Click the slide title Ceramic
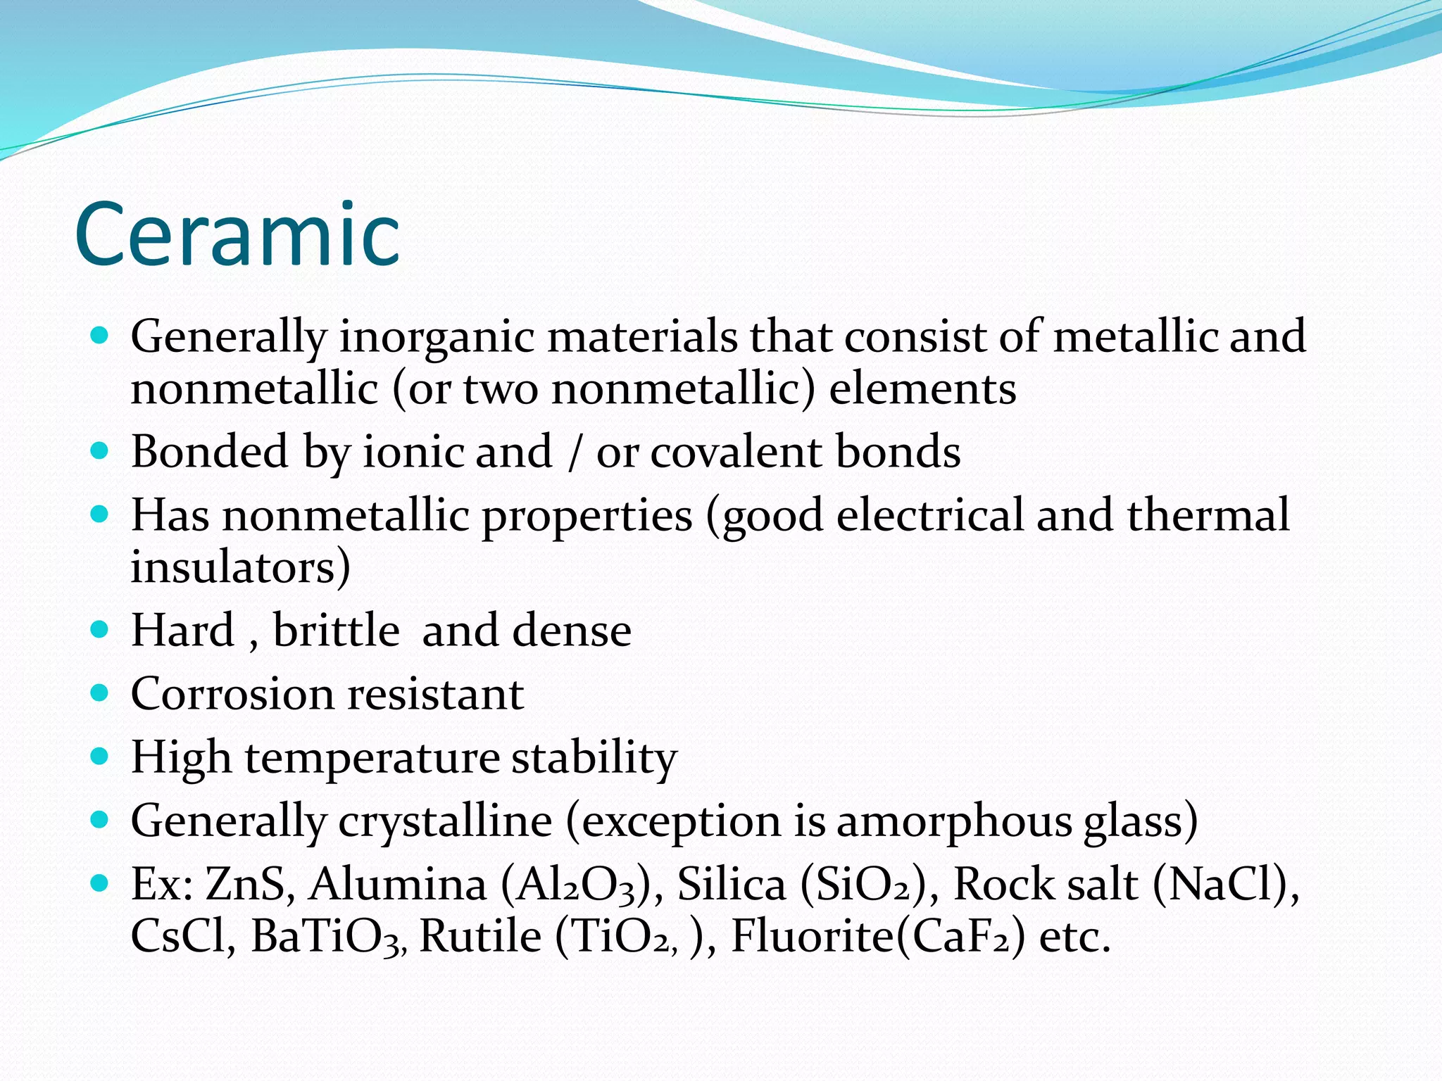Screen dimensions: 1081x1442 (x=237, y=234)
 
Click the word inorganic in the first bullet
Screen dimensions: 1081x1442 (x=437, y=336)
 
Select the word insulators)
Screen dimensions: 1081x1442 (x=240, y=567)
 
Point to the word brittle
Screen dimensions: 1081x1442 (x=337, y=630)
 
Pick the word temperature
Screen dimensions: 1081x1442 (x=372, y=759)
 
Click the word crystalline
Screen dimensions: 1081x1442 (x=445, y=821)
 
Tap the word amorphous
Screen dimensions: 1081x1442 (x=953, y=821)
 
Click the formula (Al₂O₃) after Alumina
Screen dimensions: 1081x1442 (x=581, y=885)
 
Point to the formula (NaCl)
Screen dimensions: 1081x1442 (x=1226, y=885)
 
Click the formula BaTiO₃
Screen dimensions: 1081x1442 (x=328, y=937)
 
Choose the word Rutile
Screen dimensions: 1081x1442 (x=481, y=937)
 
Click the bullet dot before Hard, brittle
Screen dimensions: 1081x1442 (x=99, y=628)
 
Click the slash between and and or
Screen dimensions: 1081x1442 (x=575, y=453)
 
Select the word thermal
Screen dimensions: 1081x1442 (x=1208, y=515)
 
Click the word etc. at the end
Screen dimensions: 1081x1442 (x=1074, y=937)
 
